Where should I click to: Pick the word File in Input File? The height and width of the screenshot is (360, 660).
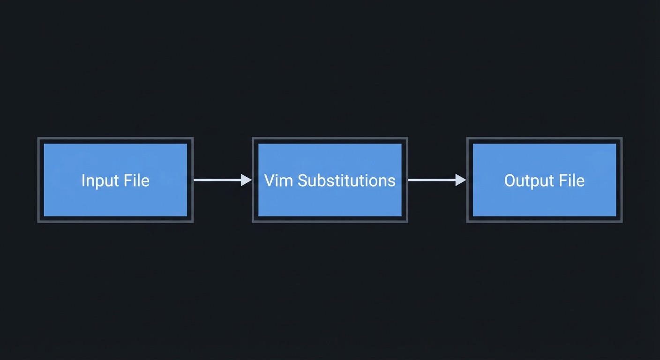tap(138, 180)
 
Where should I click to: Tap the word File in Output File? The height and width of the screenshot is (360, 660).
tap(573, 180)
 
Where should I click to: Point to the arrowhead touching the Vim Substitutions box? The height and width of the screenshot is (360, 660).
tap(247, 180)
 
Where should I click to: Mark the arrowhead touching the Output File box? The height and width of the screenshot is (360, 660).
tap(461, 180)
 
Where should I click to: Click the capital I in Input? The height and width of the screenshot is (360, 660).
tap(83, 180)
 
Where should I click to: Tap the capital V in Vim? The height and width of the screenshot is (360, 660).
tap(270, 180)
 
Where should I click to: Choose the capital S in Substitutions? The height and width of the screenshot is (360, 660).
tap(302, 180)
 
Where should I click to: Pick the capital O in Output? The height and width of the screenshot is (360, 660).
tap(510, 180)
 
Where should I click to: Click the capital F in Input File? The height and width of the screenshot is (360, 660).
tap(130, 180)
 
